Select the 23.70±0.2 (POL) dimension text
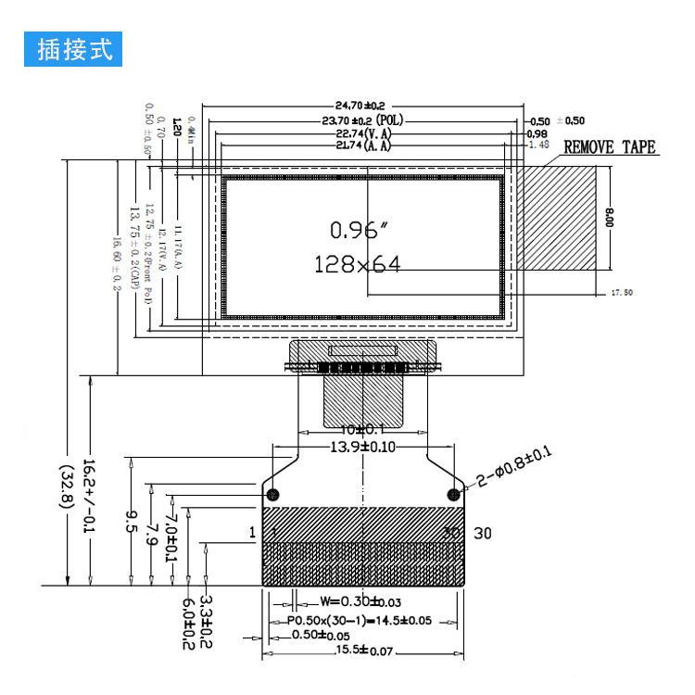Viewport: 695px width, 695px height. (363, 120)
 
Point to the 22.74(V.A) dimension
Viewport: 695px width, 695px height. (363, 133)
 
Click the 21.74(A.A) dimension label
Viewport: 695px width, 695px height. (363, 145)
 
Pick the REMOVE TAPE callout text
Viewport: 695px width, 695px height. (610, 147)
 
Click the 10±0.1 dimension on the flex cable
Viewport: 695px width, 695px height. (364, 431)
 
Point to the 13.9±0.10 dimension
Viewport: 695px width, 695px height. (364, 447)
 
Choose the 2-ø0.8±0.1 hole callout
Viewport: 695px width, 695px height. (515, 466)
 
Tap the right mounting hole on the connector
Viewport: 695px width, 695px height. (454, 492)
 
